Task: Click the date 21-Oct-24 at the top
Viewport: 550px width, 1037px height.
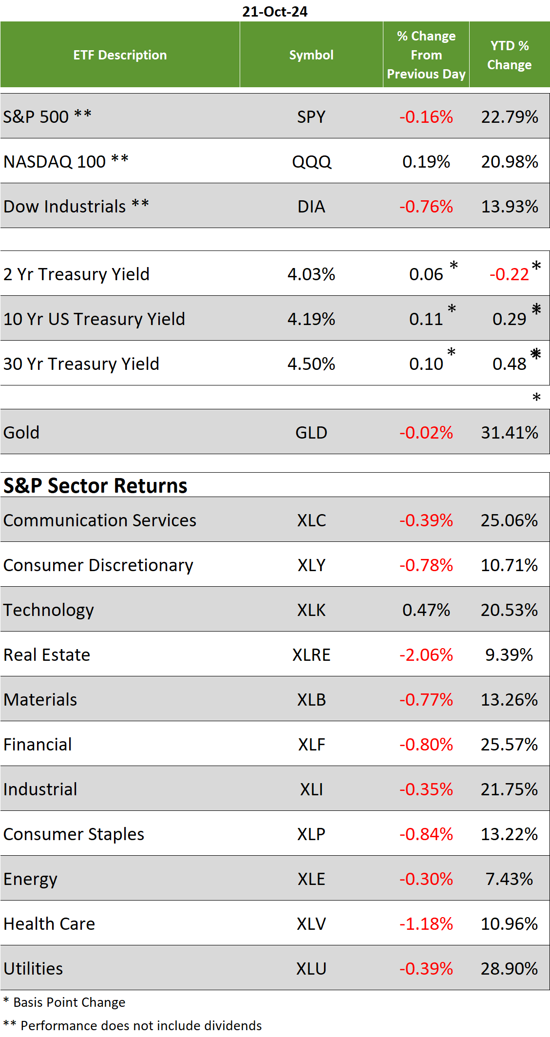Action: point(275,11)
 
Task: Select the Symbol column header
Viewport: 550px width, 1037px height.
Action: point(311,55)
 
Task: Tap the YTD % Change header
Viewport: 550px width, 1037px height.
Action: point(509,55)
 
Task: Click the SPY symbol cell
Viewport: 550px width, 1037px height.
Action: point(311,117)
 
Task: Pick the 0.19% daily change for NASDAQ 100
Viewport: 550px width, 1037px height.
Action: point(426,162)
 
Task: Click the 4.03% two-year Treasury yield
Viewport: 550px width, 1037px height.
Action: point(311,274)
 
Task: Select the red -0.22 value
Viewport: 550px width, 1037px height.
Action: point(509,274)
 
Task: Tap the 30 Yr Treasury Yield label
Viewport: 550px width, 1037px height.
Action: point(81,364)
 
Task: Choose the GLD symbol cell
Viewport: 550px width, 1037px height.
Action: point(311,433)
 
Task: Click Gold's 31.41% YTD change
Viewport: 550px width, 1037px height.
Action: point(509,433)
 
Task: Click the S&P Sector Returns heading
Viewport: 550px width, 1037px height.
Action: point(95,486)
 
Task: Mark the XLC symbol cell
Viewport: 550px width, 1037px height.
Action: point(311,520)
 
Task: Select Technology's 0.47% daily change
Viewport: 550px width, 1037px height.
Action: point(426,610)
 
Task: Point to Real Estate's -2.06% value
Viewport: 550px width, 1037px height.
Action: point(426,655)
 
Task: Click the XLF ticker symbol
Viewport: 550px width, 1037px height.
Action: point(311,745)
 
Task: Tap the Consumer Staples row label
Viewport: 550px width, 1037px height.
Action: point(74,834)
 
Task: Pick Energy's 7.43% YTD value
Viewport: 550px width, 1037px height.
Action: point(509,879)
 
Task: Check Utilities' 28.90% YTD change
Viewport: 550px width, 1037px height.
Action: point(509,969)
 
